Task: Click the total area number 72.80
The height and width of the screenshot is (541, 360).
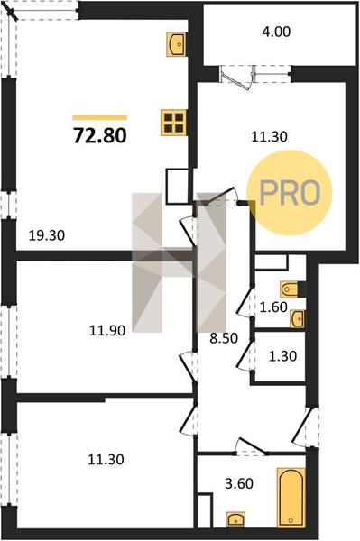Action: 100,135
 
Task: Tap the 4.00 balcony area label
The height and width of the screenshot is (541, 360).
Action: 276,32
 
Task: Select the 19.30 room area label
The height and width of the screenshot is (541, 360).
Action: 47,236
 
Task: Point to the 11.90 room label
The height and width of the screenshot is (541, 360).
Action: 107,331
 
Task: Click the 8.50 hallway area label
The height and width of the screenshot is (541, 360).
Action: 224,338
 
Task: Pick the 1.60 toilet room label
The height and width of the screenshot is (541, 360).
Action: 273,307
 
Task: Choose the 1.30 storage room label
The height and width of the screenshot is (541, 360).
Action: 282,356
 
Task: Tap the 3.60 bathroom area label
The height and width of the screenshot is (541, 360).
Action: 239,483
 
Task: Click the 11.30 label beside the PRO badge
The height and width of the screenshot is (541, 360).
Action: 269,137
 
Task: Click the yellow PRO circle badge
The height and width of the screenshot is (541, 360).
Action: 290,193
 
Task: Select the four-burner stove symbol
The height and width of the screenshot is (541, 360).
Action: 174,123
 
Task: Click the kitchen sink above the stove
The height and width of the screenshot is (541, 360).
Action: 177,44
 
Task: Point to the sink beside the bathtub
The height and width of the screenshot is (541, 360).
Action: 235,519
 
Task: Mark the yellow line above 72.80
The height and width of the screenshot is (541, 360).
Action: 100,117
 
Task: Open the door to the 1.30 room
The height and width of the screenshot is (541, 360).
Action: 245,355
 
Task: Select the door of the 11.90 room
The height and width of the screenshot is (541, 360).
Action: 189,366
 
